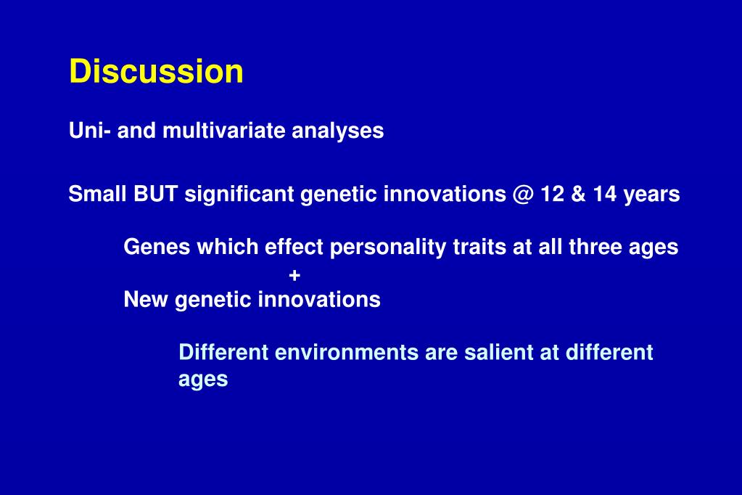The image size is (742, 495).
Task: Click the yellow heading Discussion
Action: click(156, 71)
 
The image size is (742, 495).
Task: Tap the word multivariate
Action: click(224, 130)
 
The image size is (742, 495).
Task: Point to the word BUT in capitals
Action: click(156, 194)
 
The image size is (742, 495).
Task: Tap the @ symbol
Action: click(523, 195)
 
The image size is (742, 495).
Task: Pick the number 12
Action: click(552, 194)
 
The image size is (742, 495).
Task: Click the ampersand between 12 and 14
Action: click(578, 194)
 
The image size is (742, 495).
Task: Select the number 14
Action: click(605, 194)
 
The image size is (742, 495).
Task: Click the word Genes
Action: click(157, 247)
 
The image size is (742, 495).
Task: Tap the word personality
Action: click(388, 247)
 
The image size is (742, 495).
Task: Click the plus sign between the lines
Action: click(294, 275)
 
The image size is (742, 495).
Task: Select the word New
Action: click(146, 299)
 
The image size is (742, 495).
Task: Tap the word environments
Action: click(347, 353)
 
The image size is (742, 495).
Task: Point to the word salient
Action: click(502, 353)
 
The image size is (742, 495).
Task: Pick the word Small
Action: click(98, 194)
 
